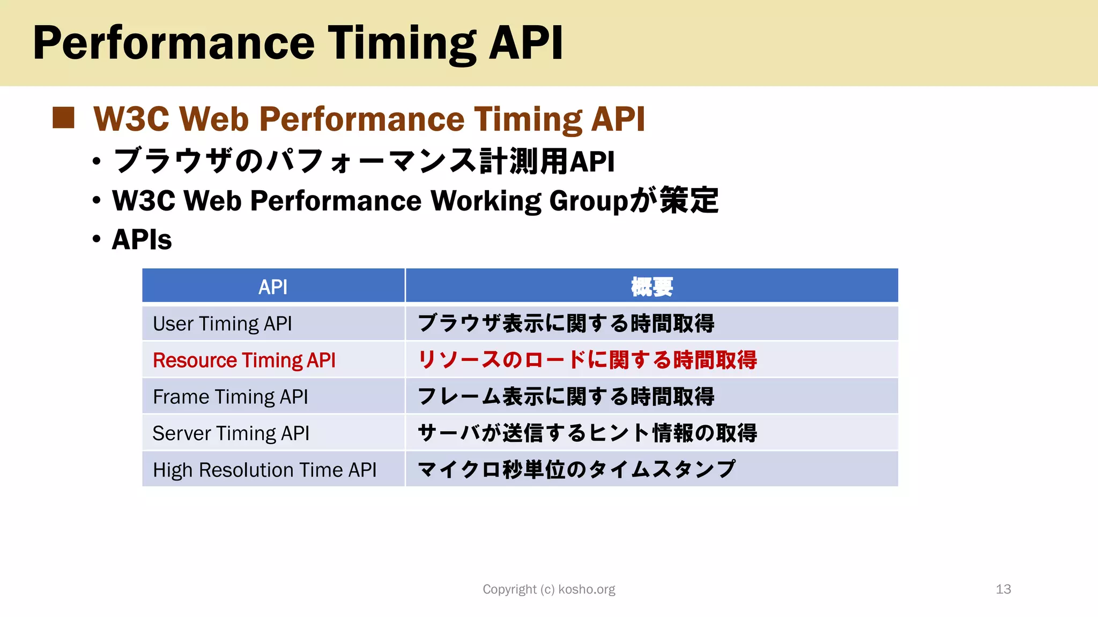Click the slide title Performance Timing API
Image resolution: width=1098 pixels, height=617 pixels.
(298, 43)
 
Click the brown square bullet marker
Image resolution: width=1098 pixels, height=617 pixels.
(63, 118)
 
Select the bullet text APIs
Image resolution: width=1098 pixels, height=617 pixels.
(142, 239)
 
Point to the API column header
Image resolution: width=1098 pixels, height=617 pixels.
(273, 287)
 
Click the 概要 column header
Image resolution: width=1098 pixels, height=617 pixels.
(651, 287)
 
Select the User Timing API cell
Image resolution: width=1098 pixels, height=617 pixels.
(222, 324)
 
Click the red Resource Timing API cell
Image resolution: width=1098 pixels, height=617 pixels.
(244, 360)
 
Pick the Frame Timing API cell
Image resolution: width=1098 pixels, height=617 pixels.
(231, 397)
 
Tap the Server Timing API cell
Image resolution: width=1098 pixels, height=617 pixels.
(231, 433)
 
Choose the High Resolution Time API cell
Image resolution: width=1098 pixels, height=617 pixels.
(264, 470)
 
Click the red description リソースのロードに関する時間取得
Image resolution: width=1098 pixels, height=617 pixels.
(587, 360)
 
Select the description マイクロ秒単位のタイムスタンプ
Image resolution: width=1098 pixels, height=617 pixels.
(576, 470)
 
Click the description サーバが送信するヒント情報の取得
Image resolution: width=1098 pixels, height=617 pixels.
(587, 433)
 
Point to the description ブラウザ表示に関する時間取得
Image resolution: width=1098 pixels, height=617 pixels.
(566, 323)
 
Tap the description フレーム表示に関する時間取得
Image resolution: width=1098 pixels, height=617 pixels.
(566, 397)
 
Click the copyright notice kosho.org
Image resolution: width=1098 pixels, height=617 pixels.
(549, 589)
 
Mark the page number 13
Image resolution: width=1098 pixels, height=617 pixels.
(1003, 589)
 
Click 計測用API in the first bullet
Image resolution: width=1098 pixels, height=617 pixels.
(547, 161)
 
